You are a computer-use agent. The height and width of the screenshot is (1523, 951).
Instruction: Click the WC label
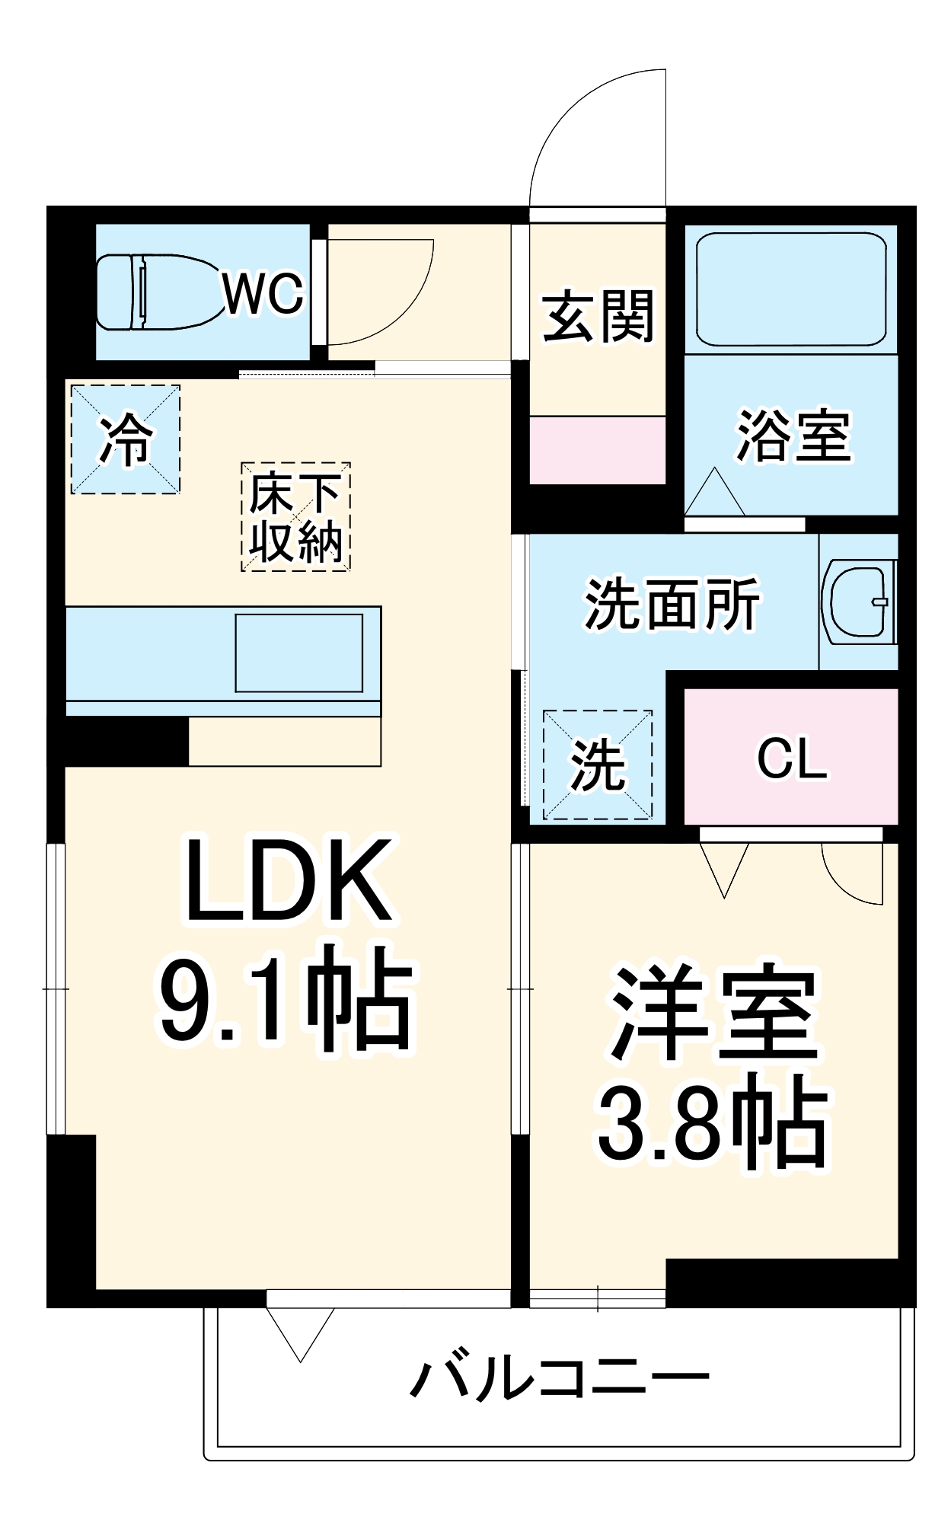pyautogui.click(x=263, y=293)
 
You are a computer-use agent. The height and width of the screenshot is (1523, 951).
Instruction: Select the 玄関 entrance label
pyautogui.click(x=598, y=316)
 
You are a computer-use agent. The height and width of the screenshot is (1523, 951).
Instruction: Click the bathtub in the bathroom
pyautogui.click(x=790, y=289)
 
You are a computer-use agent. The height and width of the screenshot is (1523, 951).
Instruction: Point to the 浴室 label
pyautogui.click(x=793, y=436)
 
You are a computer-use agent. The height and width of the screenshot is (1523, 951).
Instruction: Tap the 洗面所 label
pyautogui.click(x=672, y=604)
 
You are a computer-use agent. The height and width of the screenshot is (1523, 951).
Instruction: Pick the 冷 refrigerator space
pyautogui.click(x=126, y=439)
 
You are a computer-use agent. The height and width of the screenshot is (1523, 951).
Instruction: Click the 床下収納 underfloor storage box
pyautogui.click(x=295, y=517)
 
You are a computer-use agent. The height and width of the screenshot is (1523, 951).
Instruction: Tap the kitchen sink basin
pyautogui.click(x=298, y=653)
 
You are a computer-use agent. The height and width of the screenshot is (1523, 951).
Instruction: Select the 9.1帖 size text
pyautogui.click(x=286, y=998)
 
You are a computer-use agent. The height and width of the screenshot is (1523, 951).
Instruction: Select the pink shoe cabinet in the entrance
pyautogui.click(x=598, y=449)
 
